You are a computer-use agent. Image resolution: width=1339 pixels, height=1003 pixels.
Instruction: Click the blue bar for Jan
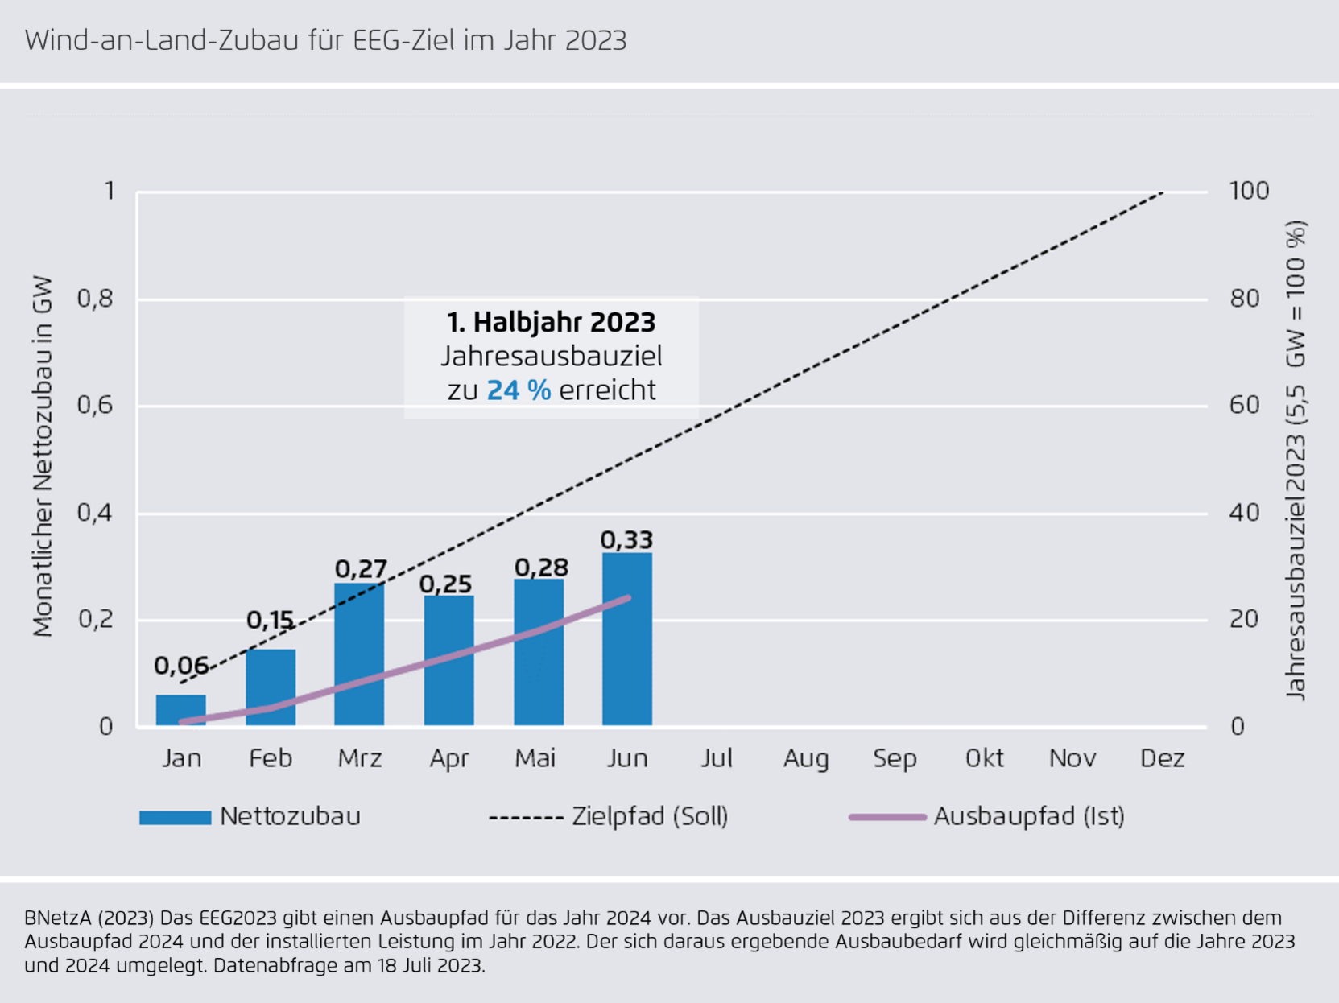(x=181, y=710)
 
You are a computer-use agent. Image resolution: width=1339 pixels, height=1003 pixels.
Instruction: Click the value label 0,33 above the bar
(x=626, y=539)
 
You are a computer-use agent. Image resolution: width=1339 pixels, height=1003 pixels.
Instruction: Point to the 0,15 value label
(x=270, y=620)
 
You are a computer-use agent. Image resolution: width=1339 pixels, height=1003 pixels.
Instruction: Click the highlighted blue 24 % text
(x=519, y=390)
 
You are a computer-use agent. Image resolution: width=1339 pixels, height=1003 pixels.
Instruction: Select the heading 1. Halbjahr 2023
(x=552, y=322)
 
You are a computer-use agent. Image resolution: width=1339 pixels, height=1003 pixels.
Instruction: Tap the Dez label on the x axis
(x=1162, y=758)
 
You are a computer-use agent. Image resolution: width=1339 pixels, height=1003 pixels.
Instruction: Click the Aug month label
(x=805, y=758)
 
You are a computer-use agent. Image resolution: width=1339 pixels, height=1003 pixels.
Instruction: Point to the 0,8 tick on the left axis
(x=94, y=299)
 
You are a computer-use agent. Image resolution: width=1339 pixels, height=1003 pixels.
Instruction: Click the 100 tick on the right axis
(x=1249, y=191)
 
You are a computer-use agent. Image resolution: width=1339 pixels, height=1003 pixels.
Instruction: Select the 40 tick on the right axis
(x=1244, y=513)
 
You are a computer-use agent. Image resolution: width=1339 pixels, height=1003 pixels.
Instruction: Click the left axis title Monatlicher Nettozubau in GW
(x=43, y=456)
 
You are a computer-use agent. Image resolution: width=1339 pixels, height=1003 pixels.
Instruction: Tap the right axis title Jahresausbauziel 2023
(x=1295, y=460)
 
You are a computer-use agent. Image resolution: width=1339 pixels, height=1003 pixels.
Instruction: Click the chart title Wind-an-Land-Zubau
(x=325, y=40)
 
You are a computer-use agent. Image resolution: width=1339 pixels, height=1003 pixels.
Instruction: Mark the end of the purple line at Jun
(x=628, y=598)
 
